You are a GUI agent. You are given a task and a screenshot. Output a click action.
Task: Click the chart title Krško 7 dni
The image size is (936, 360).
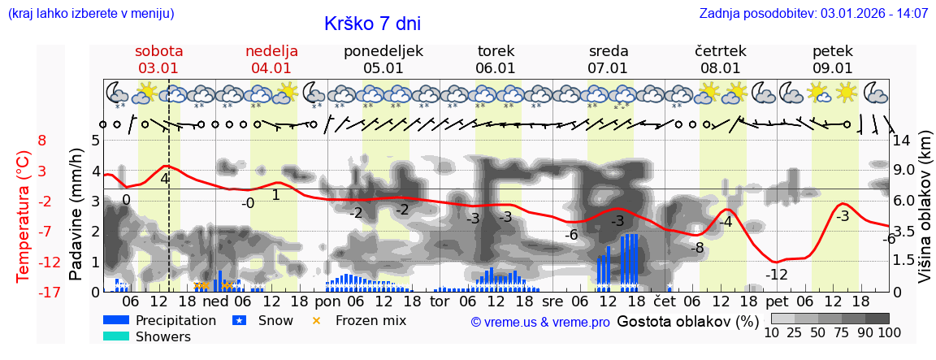coord(372,24)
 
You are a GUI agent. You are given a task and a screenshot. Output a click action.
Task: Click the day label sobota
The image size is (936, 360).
coord(158,51)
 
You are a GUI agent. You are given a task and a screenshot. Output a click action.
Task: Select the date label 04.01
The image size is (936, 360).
coord(271,68)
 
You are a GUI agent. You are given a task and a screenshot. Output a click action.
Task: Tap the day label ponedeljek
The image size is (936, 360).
coord(383,51)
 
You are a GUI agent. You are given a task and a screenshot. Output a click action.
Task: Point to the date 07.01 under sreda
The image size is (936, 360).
coord(608,68)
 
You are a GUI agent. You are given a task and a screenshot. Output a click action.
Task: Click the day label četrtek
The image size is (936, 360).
coord(720,51)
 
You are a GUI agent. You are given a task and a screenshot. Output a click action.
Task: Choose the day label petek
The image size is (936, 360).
coord(832,51)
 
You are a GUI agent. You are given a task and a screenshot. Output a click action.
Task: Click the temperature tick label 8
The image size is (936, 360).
coord(42,140)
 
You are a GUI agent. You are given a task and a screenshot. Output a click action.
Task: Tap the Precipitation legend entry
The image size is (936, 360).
coord(175,320)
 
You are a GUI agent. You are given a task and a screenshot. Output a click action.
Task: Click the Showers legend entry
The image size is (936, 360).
coord(162,336)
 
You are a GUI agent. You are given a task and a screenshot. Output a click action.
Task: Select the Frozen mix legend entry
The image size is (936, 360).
coord(370,320)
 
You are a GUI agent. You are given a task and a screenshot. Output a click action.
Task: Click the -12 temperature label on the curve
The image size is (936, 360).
coord(777,275)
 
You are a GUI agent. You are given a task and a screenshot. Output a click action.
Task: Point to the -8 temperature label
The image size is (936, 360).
coord(696,248)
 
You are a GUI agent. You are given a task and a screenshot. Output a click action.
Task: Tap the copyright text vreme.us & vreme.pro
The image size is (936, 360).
coord(540,322)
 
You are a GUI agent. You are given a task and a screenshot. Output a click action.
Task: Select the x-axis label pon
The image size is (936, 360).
coord(327,301)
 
